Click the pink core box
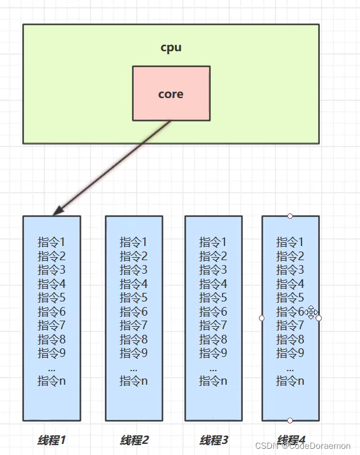pos(171,94)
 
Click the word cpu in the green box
pos(171,47)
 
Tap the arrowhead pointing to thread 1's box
pos(57,211)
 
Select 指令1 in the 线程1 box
pos(51,242)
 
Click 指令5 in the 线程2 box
pos(134,298)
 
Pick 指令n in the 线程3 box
pos(213,381)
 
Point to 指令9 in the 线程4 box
pos(290,353)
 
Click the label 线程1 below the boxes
pos(51,440)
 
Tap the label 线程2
pos(134,440)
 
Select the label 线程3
pos(213,440)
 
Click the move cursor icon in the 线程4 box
pos(311,313)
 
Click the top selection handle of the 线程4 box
pos(290,216)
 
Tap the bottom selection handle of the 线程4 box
pos(290,420)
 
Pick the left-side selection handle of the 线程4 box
pos(262,318)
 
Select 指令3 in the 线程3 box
pos(213,269)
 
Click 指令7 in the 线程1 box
pos(51,326)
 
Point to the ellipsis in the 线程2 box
pos(134,367)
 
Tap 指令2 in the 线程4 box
pos(290,256)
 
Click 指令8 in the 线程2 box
pos(134,339)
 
